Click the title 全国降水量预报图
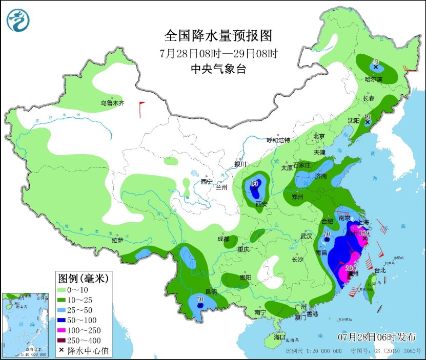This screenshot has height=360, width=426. pyautogui.click(x=218, y=35)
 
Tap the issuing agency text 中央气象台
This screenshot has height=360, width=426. pyautogui.click(x=218, y=69)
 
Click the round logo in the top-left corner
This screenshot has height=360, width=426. pyautogui.click(x=18, y=20)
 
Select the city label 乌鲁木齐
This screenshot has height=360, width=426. pyautogui.click(x=112, y=103)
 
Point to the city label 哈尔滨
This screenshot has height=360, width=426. pyautogui.click(x=374, y=79)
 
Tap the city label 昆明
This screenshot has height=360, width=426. pyautogui.click(x=211, y=292)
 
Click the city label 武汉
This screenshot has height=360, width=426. pyautogui.click(x=307, y=237)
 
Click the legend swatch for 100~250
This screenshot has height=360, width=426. pyautogui.click(x=66, y=331)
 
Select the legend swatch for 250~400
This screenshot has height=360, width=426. pyautogui.click(x=66, y=341)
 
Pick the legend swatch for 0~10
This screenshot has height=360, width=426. pyautogui.click(x=66, y=290)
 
